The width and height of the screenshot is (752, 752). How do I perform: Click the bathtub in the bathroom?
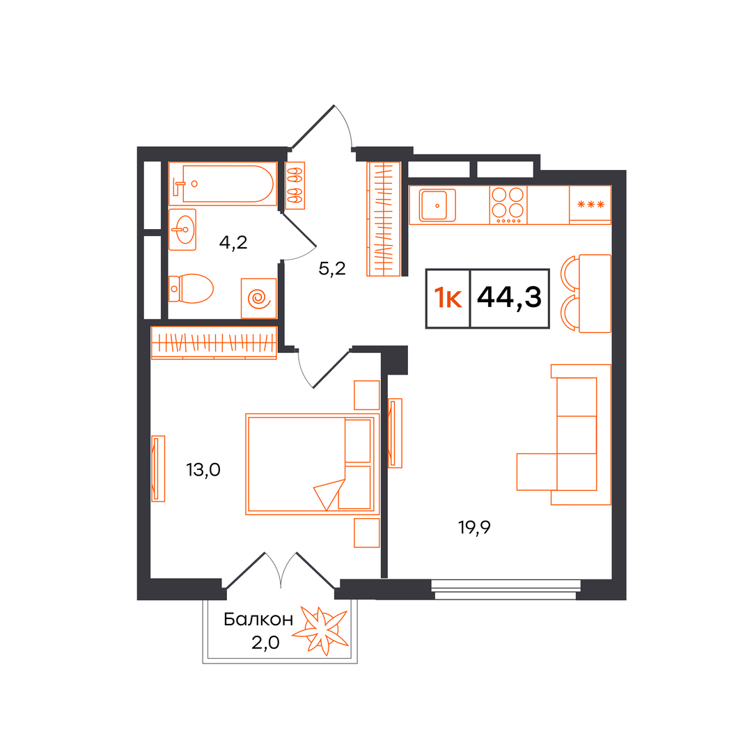pos(223,184)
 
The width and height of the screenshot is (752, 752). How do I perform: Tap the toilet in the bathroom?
pos(191,289)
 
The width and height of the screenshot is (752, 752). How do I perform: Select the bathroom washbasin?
pos(182,230)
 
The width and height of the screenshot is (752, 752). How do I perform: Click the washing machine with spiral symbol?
pos(259,298)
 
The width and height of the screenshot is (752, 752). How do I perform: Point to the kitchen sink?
pos(437,205)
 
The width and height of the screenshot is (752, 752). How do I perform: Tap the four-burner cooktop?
pos(508,205)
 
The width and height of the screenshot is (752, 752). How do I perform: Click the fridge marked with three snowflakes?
pos(590,205)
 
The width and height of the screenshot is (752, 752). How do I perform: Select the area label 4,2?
pos(233,243)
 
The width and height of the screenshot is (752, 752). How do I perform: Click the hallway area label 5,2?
pos(332,269)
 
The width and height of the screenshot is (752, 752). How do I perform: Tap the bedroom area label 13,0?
pos(203,470)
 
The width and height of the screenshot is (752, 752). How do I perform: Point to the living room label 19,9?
pos(474,528)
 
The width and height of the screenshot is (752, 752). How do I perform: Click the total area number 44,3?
pos(509,297)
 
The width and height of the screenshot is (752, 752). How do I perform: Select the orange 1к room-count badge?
pos(448,298)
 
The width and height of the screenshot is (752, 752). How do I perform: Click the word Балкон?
pos(258,620)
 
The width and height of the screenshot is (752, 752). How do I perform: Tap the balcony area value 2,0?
pos(265,643)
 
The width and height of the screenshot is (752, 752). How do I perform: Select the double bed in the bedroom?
pos(313,464)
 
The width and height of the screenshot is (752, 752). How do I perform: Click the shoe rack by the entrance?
pos(295,186)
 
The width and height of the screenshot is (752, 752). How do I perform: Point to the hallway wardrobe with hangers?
pos(384,219)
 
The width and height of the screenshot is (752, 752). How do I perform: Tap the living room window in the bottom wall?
pos(506,590)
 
